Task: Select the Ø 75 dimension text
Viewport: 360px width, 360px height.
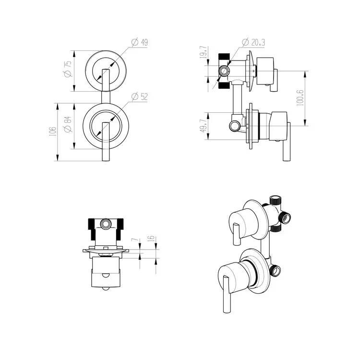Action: coord(68,71)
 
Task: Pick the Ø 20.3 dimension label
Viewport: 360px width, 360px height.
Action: coord(254,43)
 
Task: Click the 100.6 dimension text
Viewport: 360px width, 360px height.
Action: coord(300,97)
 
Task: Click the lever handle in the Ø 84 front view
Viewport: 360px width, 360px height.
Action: coord(105,142)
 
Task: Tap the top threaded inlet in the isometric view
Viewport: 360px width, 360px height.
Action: coord(276,200)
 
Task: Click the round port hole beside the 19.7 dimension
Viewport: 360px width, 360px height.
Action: coord(224,72)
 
